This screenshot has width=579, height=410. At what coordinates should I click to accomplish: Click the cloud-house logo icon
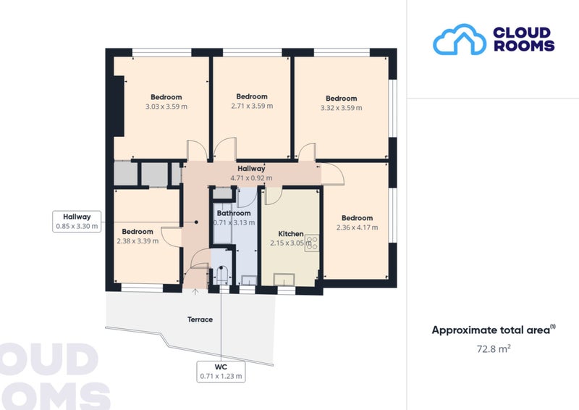point(460,40)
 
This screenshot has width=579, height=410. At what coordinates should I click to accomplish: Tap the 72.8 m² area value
point(494,348)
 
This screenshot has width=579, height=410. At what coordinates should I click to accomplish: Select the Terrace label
point(200,319)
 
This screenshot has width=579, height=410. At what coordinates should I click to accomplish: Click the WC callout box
point(221,372)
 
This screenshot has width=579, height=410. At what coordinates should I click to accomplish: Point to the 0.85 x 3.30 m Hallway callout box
point(77,222)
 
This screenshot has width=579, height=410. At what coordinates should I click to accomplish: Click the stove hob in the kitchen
point(312,243)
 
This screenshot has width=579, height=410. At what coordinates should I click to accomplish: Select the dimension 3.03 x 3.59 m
point(166,106)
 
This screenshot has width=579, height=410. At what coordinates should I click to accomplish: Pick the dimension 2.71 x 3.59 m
point(252,106)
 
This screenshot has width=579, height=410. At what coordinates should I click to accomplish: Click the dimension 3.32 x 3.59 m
point(341,108)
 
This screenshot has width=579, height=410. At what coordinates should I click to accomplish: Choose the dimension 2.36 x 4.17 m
point(357,227)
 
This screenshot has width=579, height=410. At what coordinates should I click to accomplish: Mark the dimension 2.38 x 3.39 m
point(138,241)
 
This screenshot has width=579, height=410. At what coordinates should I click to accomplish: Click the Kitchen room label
point(291,234)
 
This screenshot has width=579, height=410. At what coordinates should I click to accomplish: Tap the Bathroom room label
point(234,213)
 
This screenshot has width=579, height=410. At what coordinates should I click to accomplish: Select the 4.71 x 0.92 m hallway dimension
point(251,177)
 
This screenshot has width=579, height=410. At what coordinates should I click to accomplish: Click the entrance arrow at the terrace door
point(195,291)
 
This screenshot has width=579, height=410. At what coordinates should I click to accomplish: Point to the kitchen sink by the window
point(284,279)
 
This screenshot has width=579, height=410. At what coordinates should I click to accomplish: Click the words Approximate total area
point(491,330)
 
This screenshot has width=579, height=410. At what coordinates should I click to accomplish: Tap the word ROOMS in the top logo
point(524,46)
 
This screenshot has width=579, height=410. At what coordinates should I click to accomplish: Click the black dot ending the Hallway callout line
point(196,222)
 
